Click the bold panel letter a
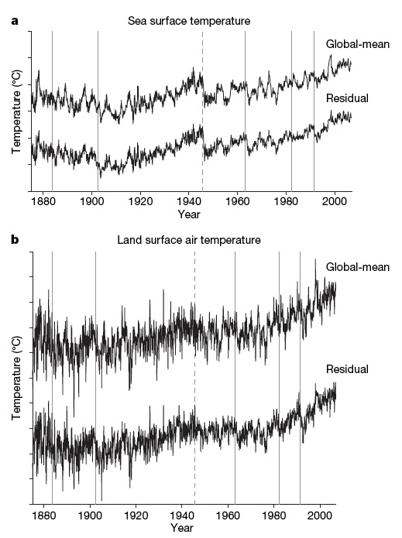tap(14, 21)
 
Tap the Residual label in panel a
tap(347, 98)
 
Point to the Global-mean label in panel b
tap(358, 268)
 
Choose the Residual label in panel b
tap(347, 368)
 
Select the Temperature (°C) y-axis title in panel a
tap(16, 110)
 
